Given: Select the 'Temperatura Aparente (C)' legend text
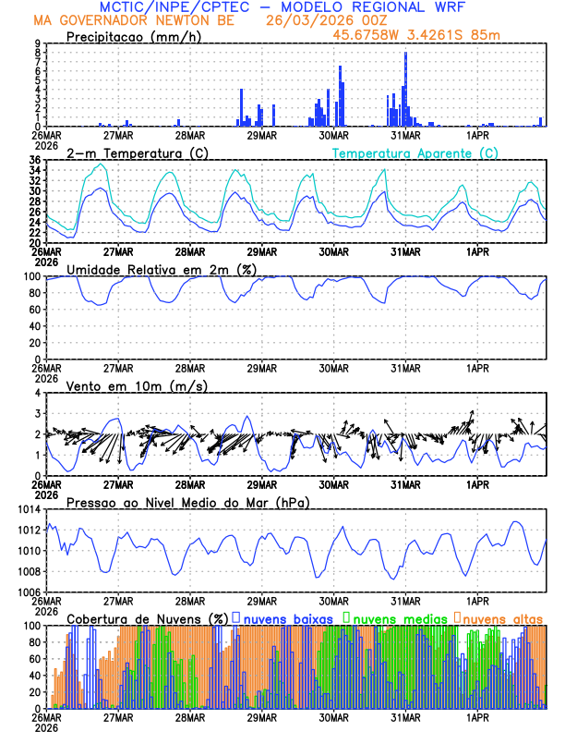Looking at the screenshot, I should coord(415,153).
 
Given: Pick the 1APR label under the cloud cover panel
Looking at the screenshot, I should coord(478,717).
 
